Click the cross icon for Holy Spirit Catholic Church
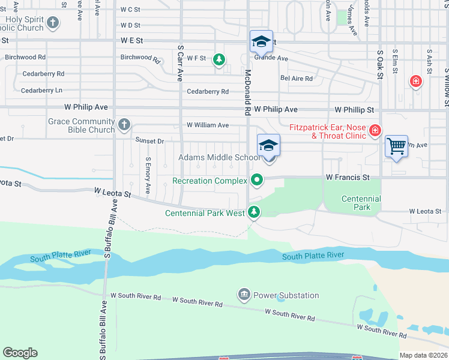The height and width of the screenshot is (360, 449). pos(53,23)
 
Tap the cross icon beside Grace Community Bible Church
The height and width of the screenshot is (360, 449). pos(124,125)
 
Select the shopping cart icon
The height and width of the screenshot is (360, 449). pos(396,146)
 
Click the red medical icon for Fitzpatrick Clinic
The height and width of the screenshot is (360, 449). pos(375,130)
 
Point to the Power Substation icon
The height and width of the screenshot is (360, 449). pos(244,295)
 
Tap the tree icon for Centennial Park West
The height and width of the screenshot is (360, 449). pos(255,212)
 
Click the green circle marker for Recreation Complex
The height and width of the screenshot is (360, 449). pos(257,180)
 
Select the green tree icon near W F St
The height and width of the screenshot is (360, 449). pos(220,59)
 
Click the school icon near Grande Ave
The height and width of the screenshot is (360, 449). pos(261,41)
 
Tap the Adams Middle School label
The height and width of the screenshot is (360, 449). pos(218,158)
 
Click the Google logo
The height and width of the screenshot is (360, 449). pos(20,353)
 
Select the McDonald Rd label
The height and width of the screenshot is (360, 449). pos(247,92)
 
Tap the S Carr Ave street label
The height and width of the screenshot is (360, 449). pos(179,62)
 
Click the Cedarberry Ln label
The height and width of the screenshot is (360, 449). pos(41,91)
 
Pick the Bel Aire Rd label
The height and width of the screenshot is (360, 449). pos(297,79)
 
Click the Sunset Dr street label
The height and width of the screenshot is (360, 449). pos(149,141)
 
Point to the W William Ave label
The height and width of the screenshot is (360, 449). pos(208,125)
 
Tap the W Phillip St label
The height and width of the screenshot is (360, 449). pos(354,110)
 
